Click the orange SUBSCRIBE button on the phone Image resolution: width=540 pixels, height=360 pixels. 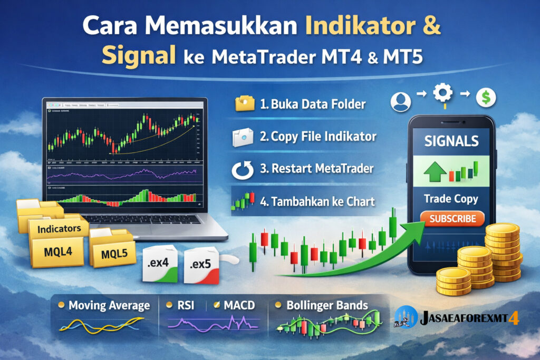coord(452,218)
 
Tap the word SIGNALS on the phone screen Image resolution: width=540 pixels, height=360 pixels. coord(451,141)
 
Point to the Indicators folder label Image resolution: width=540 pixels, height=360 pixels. coord(59,228)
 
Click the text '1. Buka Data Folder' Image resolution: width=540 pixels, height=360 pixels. coord(313,104)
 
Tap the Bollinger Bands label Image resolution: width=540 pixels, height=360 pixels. coord(327,305)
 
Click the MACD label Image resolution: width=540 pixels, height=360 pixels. coord(239,305)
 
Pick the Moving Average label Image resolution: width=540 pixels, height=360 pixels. coord(109,305)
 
